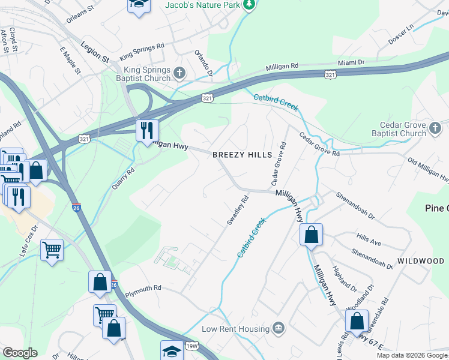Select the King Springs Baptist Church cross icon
coord(179,74)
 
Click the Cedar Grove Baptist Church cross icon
coord(435,127)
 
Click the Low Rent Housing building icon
coord(278,328)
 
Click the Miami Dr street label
coord(351,62)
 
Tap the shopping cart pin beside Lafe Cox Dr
coord(52,249)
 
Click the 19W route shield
coord(191,346)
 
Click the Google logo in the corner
coord(19,353)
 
